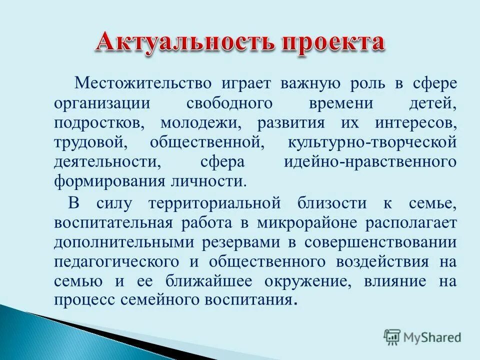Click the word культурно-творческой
tap(372, 142)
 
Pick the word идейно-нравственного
tap(370, 162)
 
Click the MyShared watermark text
tap(433, 337)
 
